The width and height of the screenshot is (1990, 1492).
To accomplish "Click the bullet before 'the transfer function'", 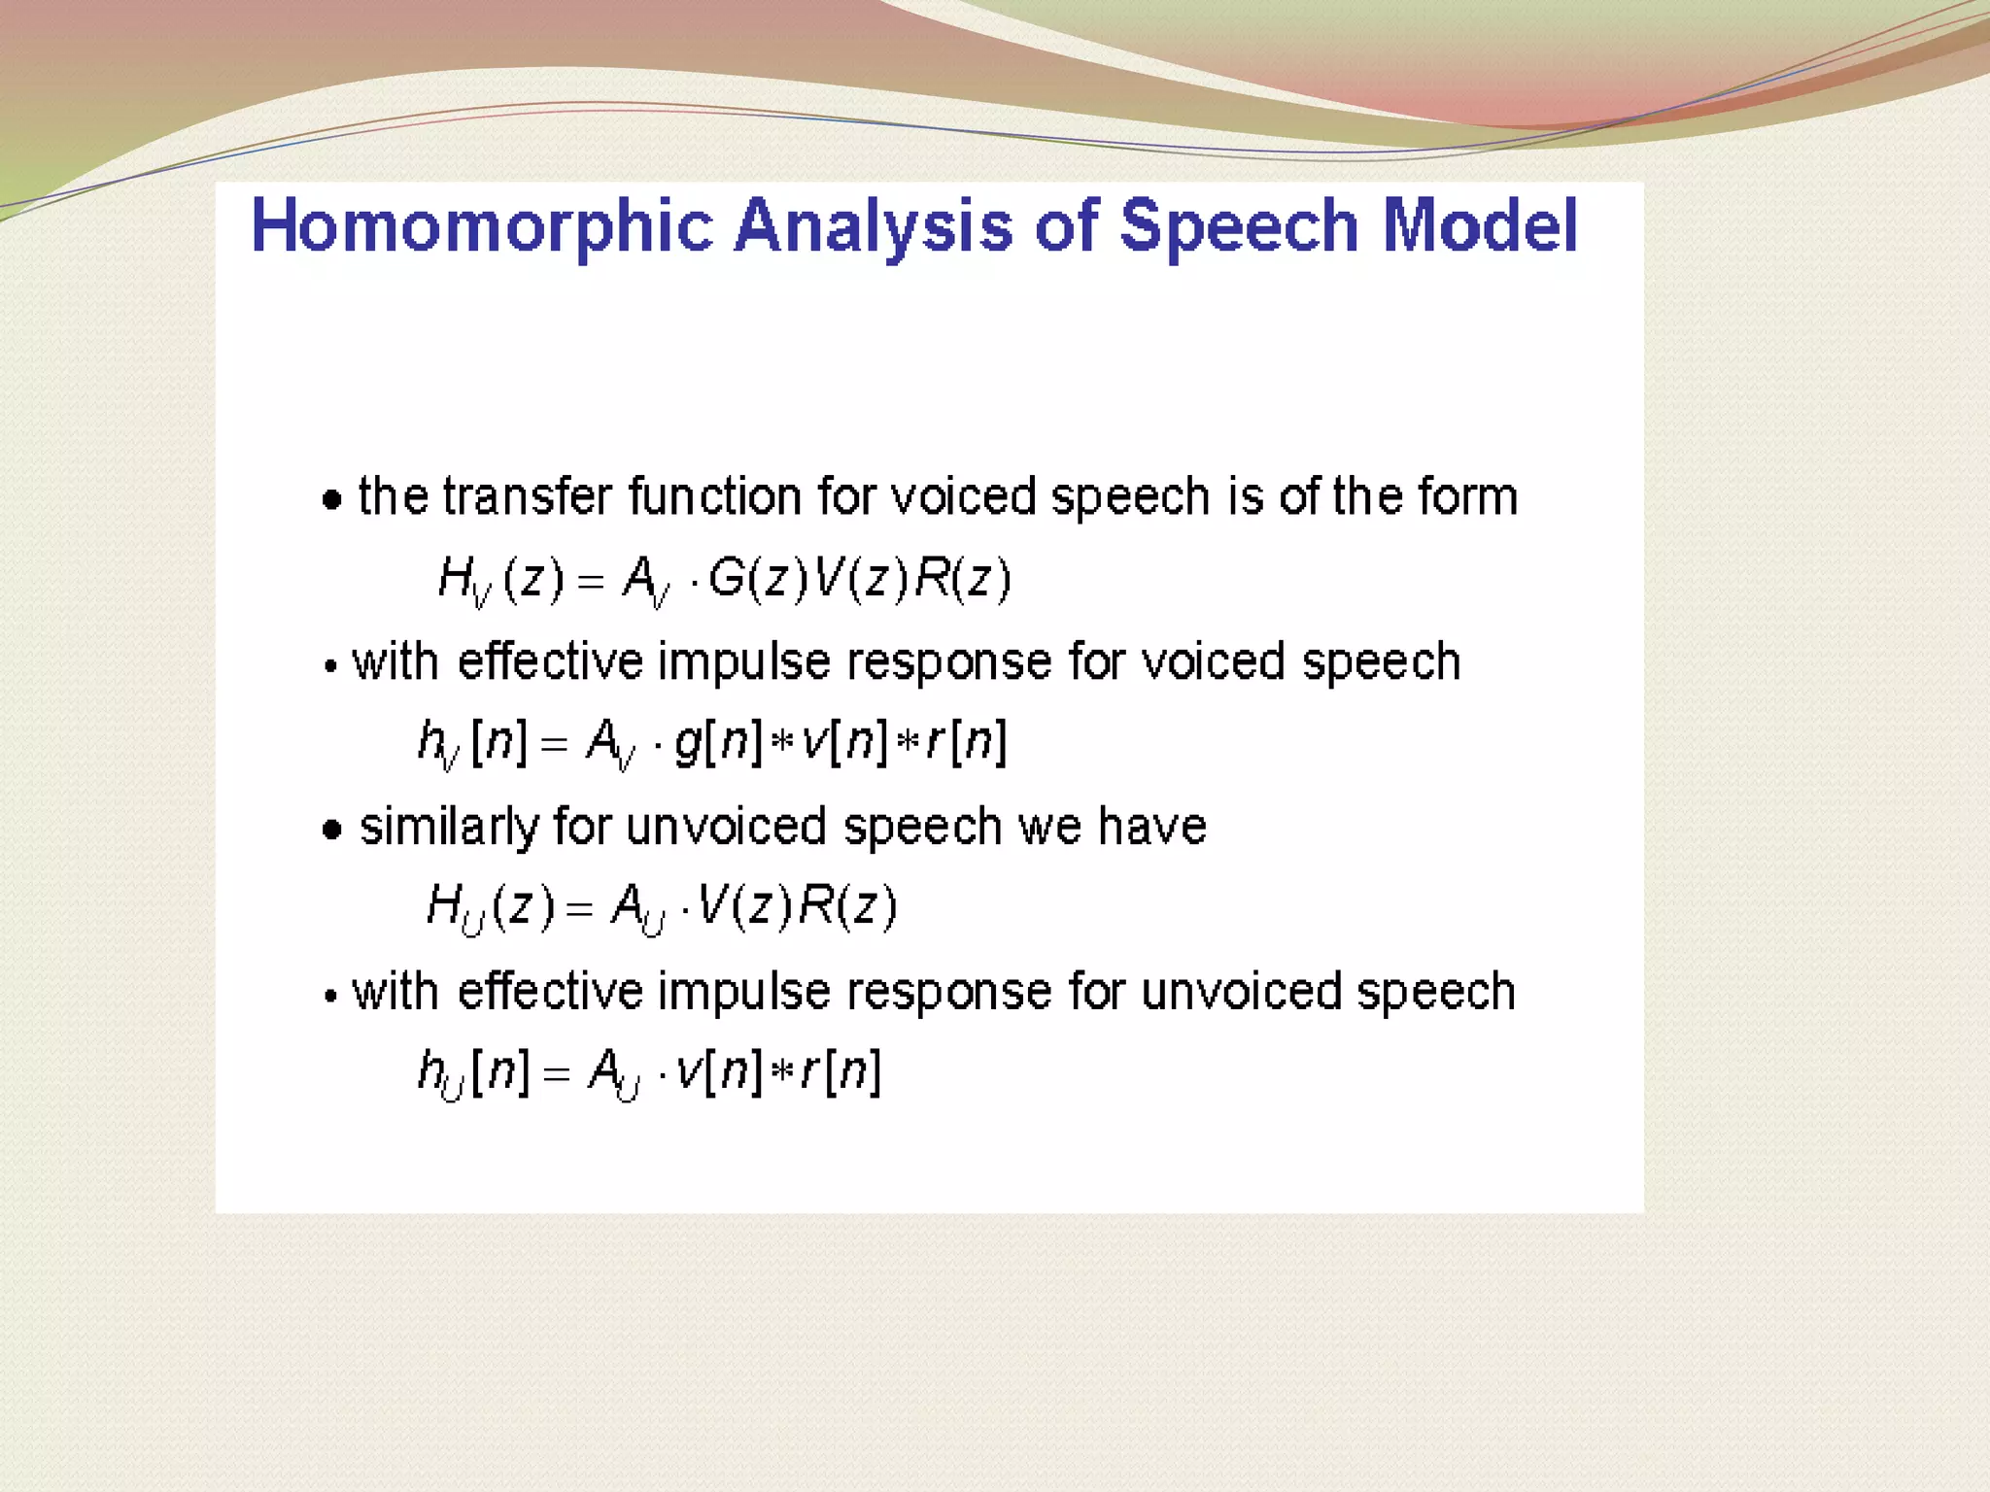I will pos(332,500).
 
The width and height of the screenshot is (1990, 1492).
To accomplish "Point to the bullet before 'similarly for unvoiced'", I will pos(332,830).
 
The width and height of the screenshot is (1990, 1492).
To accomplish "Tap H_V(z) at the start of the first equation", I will pos(499,580).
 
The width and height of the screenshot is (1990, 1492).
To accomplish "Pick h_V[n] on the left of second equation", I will pos(471,744).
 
